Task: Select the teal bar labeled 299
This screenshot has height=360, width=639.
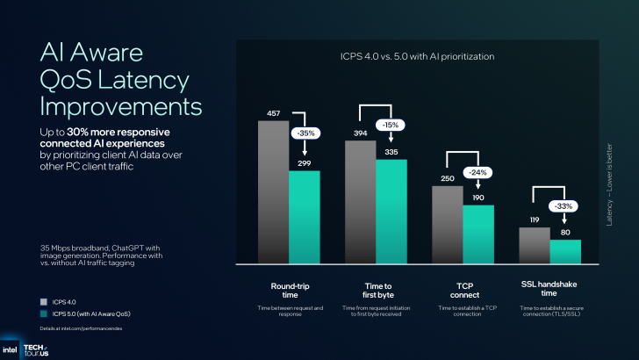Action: [305, 217]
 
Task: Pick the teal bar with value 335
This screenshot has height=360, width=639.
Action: [391, 211]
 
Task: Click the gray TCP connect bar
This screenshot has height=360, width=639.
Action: [447, 224]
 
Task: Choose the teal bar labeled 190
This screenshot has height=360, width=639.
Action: [478, 234]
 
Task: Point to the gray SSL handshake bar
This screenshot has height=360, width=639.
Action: [534, 245]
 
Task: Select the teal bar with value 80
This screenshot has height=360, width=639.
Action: [565, 251]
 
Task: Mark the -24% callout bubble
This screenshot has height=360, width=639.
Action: [478, 172]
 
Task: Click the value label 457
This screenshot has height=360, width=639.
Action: [273, 113]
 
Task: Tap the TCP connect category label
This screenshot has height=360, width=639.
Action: [463, 292]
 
